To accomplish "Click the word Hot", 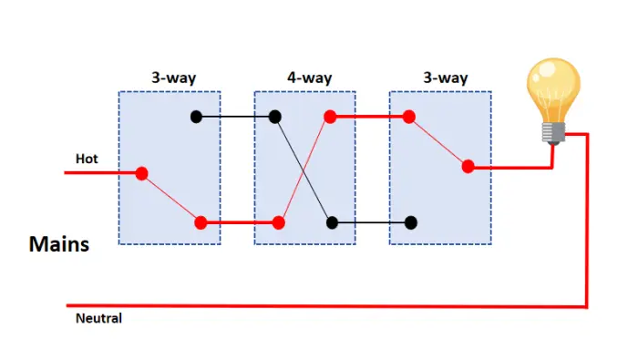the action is click(87, 159).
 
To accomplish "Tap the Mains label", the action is click(58, 244).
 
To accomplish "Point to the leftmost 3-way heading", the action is click(173, 77).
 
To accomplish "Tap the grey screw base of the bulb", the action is click(551, 133).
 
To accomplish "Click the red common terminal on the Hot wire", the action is click(142, 172).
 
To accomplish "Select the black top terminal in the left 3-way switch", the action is click(195, 117).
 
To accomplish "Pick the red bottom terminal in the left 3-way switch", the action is click(201, 221).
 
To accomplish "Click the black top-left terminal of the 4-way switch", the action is click(274, 117).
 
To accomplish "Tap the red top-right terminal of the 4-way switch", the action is click(330, 117).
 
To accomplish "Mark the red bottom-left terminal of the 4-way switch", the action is click(280, 221).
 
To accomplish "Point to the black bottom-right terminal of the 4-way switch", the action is click(333, 221).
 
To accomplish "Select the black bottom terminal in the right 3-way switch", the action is click(412, 221).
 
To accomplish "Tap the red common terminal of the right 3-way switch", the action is click(468, 167).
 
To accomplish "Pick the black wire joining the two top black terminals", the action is click(234, 117).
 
